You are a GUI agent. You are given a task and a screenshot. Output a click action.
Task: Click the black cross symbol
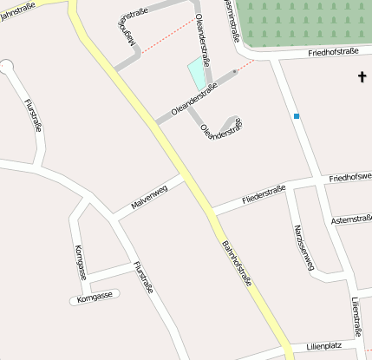click(x=362, y=78)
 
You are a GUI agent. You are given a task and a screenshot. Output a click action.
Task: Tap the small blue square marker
click(x=297, y=116)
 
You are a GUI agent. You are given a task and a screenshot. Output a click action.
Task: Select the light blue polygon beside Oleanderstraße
click(x=199, y=75)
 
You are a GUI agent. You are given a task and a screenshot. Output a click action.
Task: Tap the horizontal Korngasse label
click(x=95, y=299)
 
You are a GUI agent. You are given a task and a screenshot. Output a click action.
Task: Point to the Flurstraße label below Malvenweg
click(x=143, y=280)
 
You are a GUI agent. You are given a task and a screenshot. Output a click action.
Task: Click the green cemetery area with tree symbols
click(x=303, y=22)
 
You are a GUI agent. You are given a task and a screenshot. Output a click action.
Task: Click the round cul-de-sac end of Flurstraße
click(x=6, y=66)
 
